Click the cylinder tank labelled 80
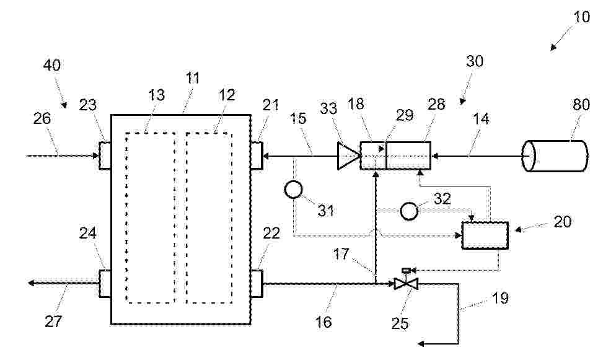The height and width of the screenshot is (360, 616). (555, 156)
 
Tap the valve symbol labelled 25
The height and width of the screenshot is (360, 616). (406, 280)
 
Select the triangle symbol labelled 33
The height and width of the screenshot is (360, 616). (348, 156)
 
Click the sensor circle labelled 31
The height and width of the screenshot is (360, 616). (294, 190)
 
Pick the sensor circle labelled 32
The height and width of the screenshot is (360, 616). (409, 211)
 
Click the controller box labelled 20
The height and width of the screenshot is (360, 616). (485, 235)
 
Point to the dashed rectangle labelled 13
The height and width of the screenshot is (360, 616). (151, 218)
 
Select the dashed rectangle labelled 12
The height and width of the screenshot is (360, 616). (209, 218)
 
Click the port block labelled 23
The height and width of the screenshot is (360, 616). (105, 156)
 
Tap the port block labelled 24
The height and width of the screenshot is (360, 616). (105, 283)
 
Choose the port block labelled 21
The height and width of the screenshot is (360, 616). (257, 156)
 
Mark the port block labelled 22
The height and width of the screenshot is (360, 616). (257, 283)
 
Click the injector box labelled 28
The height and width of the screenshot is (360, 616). (408, 156)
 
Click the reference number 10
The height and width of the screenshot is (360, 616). (581, 17)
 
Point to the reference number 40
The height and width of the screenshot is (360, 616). (52, 65)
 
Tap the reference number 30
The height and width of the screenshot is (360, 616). (475, 61)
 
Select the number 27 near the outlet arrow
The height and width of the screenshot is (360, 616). (53, 322)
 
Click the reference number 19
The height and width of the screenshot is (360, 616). (500, 299)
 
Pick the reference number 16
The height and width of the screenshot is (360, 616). (323, 322)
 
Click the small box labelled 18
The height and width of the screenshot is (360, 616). (373, 156)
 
